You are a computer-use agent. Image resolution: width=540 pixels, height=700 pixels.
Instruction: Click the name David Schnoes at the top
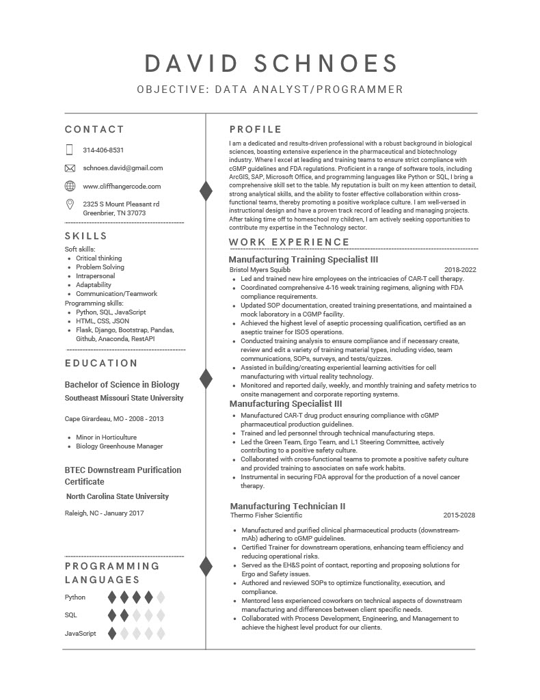(271, 63)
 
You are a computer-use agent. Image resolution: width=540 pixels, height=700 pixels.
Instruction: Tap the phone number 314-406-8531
(103, 150)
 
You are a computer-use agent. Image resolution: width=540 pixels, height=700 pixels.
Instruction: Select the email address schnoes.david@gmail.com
(123, 167)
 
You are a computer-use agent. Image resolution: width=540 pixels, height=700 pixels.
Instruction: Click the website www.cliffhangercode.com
(122, 186)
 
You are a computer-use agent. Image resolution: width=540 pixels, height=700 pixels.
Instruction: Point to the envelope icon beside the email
(70, 168)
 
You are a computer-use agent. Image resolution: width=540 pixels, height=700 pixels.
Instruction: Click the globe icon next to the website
(70, 186)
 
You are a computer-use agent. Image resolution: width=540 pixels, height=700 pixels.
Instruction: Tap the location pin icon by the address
(70, 204)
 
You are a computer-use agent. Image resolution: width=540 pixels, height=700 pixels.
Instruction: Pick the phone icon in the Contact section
(70, 150)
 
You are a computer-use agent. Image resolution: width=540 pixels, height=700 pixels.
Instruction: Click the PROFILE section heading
(256, 129)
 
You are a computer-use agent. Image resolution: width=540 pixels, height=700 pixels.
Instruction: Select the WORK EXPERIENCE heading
(289, 242)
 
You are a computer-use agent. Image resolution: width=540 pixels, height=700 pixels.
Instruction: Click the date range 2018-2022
(460, 269)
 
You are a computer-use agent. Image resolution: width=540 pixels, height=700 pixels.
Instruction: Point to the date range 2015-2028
(459, 515)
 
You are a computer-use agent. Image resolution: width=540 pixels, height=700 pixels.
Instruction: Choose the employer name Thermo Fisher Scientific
(266, 515)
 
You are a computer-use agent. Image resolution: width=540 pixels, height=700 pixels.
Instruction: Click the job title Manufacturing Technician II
(287, 506)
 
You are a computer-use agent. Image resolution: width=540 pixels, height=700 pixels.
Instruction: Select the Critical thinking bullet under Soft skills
(98, 258)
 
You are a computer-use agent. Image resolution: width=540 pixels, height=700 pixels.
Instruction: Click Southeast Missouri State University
(124, 398)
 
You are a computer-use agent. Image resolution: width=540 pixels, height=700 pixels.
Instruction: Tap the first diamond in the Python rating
(112, 597)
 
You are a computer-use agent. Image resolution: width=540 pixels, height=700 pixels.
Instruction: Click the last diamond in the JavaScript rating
(161, 633)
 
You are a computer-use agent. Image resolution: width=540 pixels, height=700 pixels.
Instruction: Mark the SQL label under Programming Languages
(71, 615)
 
